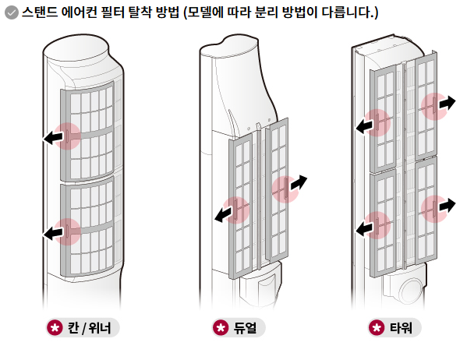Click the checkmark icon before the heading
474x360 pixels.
12,14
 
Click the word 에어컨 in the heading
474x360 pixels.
91,14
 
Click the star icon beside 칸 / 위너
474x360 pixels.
55,327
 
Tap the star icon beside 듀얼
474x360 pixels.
221,327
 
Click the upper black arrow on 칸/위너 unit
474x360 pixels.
53,138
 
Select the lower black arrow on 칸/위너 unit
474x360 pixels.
53,231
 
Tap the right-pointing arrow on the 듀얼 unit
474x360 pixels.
298,182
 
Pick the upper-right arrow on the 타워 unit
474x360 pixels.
446,103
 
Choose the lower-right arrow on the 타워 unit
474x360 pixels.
446,205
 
